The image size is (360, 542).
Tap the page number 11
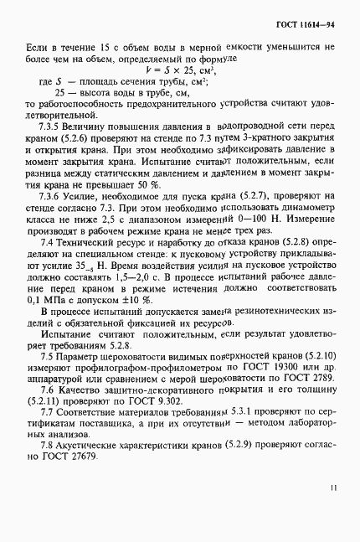tap(332, 486)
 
